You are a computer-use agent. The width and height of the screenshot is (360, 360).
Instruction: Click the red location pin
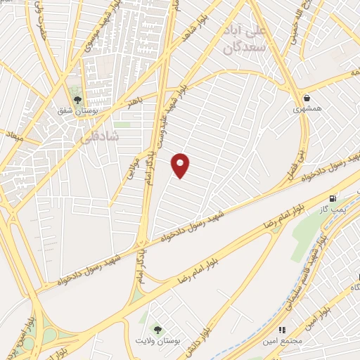click(181, 165)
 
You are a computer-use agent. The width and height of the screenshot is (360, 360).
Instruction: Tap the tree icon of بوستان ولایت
click(157, 329)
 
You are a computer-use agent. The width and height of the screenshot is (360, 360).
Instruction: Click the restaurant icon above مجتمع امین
click(282, 329)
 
